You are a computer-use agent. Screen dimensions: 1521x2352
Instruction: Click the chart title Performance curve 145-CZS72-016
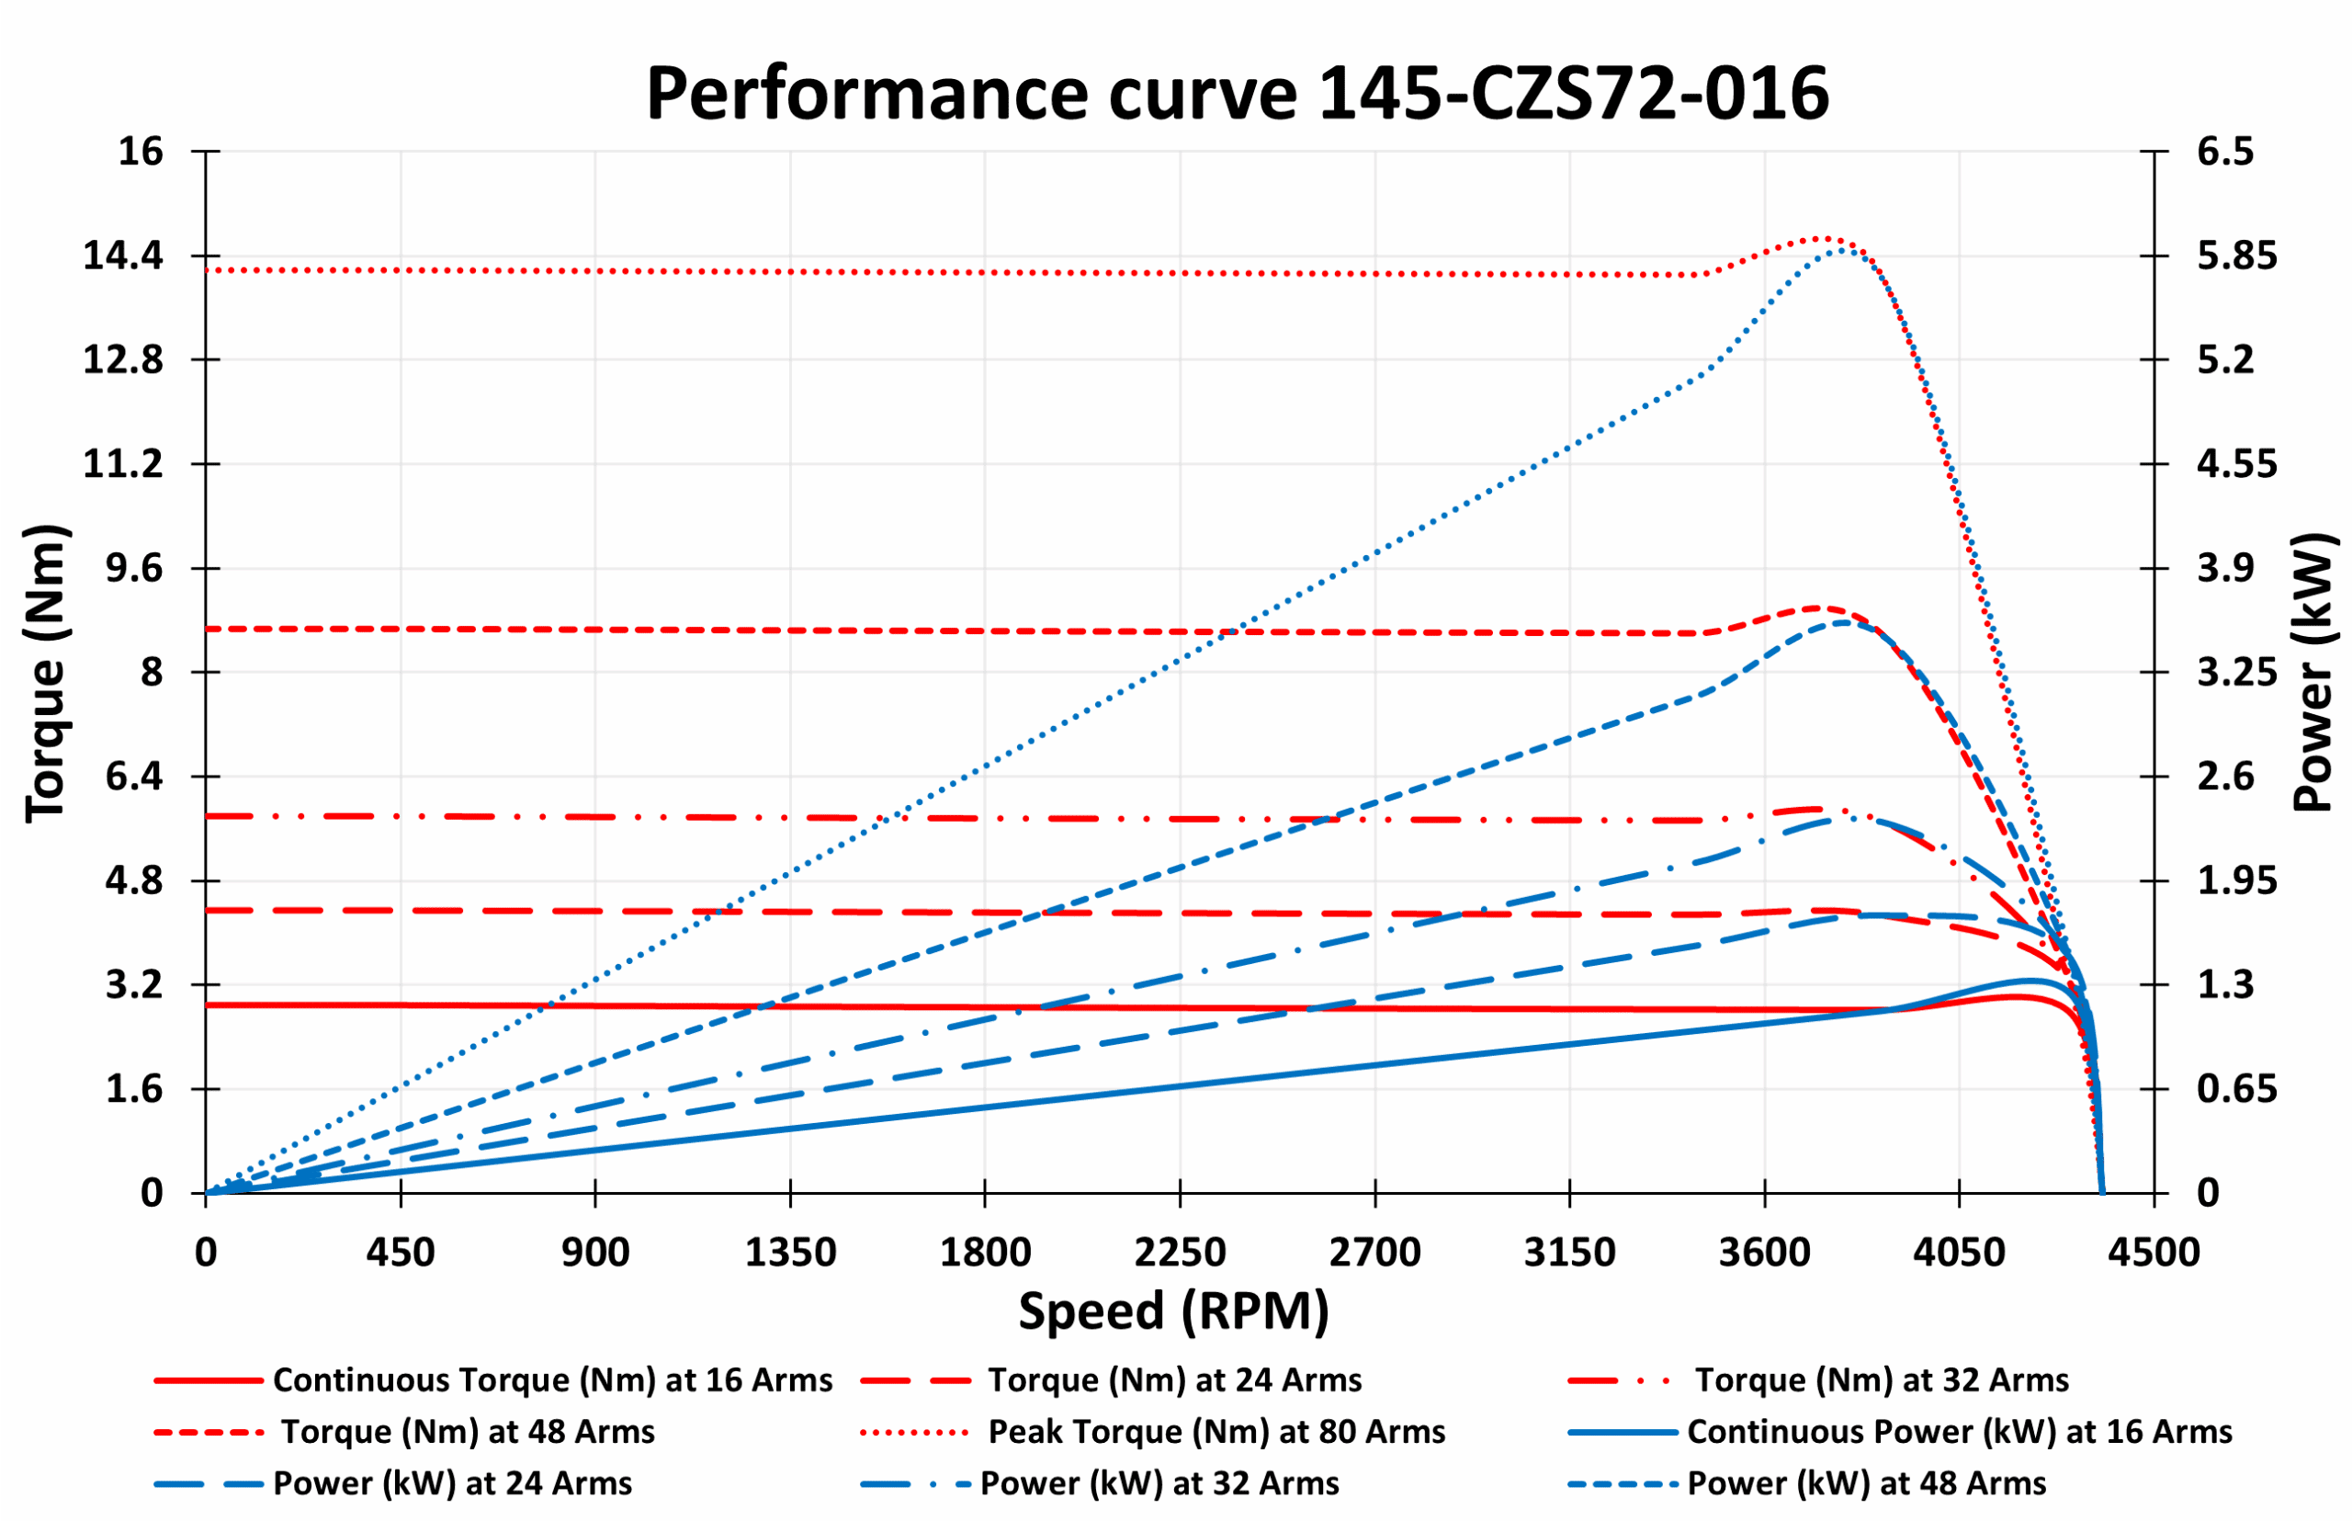pyautogui.click(x=1237, y=94)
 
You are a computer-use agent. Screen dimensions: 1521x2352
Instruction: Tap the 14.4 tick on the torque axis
pyautogui.click(x=122, y=255)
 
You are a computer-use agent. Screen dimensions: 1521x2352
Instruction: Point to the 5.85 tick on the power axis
pyautogui.click(x=2236, y=255)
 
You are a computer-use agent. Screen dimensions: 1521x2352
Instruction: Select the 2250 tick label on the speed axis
pyautogui.click(x=1180, y=1254)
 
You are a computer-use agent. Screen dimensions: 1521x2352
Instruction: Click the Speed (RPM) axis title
pyautogui.click(x=1174, y=1311)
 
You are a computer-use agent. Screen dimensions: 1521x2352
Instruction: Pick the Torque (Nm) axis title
pyautogui.click(x=45, y=673)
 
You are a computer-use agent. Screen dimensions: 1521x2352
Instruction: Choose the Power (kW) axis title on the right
pyautogui.click(x=2312, y=673)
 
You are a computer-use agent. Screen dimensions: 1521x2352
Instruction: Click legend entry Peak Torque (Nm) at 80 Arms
pyautogui.click(x=1216, y=1432)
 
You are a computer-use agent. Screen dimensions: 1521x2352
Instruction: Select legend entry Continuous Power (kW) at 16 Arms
pyautogui.click(x=1959, y=1432)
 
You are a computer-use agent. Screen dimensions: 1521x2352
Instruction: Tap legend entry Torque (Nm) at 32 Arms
pyautogui.click(x=1881, y=1379)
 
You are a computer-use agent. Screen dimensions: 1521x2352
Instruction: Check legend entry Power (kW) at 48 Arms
pyautogui.click(x=1866, y=1483)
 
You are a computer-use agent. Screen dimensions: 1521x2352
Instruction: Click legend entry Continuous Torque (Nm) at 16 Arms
pyautogui.click(x=552, y=1379)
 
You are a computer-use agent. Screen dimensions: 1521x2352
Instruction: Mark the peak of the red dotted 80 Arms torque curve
pyautogui.click(x=1824, y=238)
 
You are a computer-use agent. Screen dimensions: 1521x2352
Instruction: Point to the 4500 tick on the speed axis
pyautogui.click(x=2154, y=1254)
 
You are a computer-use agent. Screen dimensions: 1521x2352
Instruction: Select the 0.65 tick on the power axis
pyautogui.click(x=2236, y=1089)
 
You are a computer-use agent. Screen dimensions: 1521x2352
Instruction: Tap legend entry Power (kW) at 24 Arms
pyautogui.click(x=452, y=1483)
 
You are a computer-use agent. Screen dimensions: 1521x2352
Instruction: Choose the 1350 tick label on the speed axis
pyautogui.click(x=790, y=1254)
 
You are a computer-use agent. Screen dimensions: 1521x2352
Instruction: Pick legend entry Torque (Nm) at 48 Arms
pyautogui.click(x=468, y=1432)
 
